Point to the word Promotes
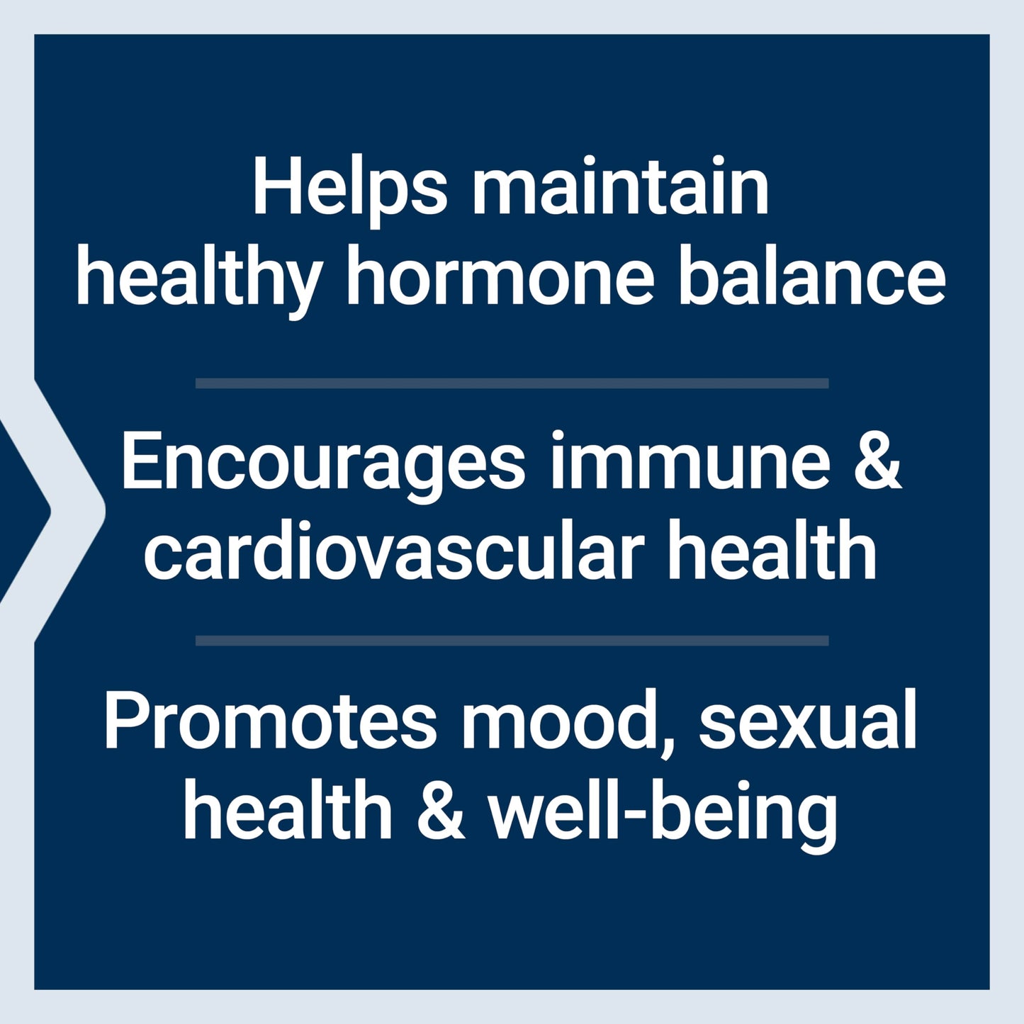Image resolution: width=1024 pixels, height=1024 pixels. point(270,720)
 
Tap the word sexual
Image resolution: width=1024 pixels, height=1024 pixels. point(808,720)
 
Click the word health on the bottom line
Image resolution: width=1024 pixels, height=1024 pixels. point(288,811)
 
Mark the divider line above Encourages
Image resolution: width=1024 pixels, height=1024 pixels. point(512,383)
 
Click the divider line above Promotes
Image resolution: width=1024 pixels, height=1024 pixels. point(512,641)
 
